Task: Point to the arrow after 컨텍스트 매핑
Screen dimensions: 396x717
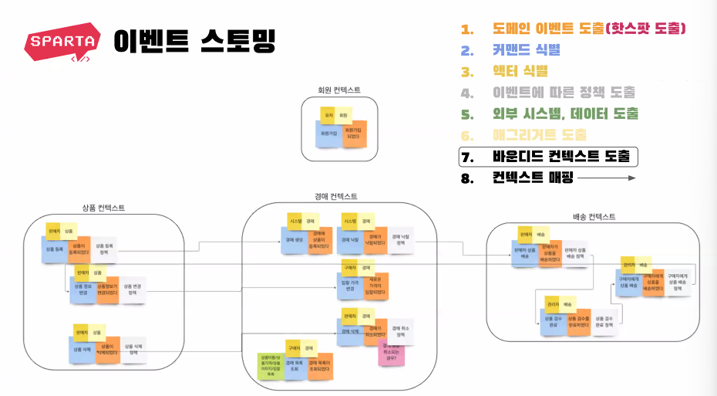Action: [606, 178]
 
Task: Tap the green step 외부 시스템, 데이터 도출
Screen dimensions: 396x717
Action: [565, 114]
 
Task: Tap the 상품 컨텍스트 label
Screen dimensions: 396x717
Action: [103, 208]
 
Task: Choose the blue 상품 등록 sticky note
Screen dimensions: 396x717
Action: [56, 250]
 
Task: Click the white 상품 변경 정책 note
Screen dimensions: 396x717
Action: [133, 290]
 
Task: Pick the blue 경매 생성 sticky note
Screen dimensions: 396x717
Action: [294, 240]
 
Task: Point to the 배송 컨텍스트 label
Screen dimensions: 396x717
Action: [594, 217]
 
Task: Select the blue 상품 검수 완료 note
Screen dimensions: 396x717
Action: [552, 321]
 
